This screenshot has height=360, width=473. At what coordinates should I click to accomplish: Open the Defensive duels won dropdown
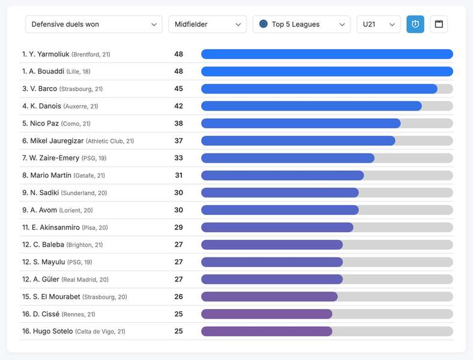click(x=94, y=24)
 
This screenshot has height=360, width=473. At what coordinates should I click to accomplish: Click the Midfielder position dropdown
click(x=208, y=24)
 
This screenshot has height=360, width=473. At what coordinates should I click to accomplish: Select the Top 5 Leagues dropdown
click(x=302, y=24)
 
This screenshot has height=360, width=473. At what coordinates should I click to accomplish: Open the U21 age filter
click(x=379, y=24)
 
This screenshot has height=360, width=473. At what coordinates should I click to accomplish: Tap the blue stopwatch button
click(x=415, y=24)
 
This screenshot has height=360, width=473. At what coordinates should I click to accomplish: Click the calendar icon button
click(x=439, y=24)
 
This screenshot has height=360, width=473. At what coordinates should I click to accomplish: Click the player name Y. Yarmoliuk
click(x=49, y=54)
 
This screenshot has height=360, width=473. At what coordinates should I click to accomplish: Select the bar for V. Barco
click(x=319, y=89)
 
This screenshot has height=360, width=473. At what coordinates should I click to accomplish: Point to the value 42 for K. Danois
click(x=179, y=106)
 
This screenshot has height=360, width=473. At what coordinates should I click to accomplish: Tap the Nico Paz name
click(x=44, y=124)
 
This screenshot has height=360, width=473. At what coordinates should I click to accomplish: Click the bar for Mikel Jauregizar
click(x=298, y=141)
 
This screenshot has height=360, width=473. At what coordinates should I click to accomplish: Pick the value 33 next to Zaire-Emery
click(x=179, y=158)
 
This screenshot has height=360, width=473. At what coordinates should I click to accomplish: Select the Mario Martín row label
click(x=50, y=175)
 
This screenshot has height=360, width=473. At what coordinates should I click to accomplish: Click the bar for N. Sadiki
click(x=280, y=193)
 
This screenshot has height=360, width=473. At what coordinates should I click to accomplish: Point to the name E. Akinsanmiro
click(x=55, y=227)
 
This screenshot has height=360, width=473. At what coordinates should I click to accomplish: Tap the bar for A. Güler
click(x=272, y=279)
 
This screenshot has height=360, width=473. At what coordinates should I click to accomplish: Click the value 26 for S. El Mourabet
click(x=179, y=296)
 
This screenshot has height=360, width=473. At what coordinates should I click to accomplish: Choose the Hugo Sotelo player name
click(x=53, y=331)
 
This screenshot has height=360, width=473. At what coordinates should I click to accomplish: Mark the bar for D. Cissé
click(x=267, y=314)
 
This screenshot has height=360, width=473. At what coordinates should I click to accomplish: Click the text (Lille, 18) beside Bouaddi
click(x=79, y=72)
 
